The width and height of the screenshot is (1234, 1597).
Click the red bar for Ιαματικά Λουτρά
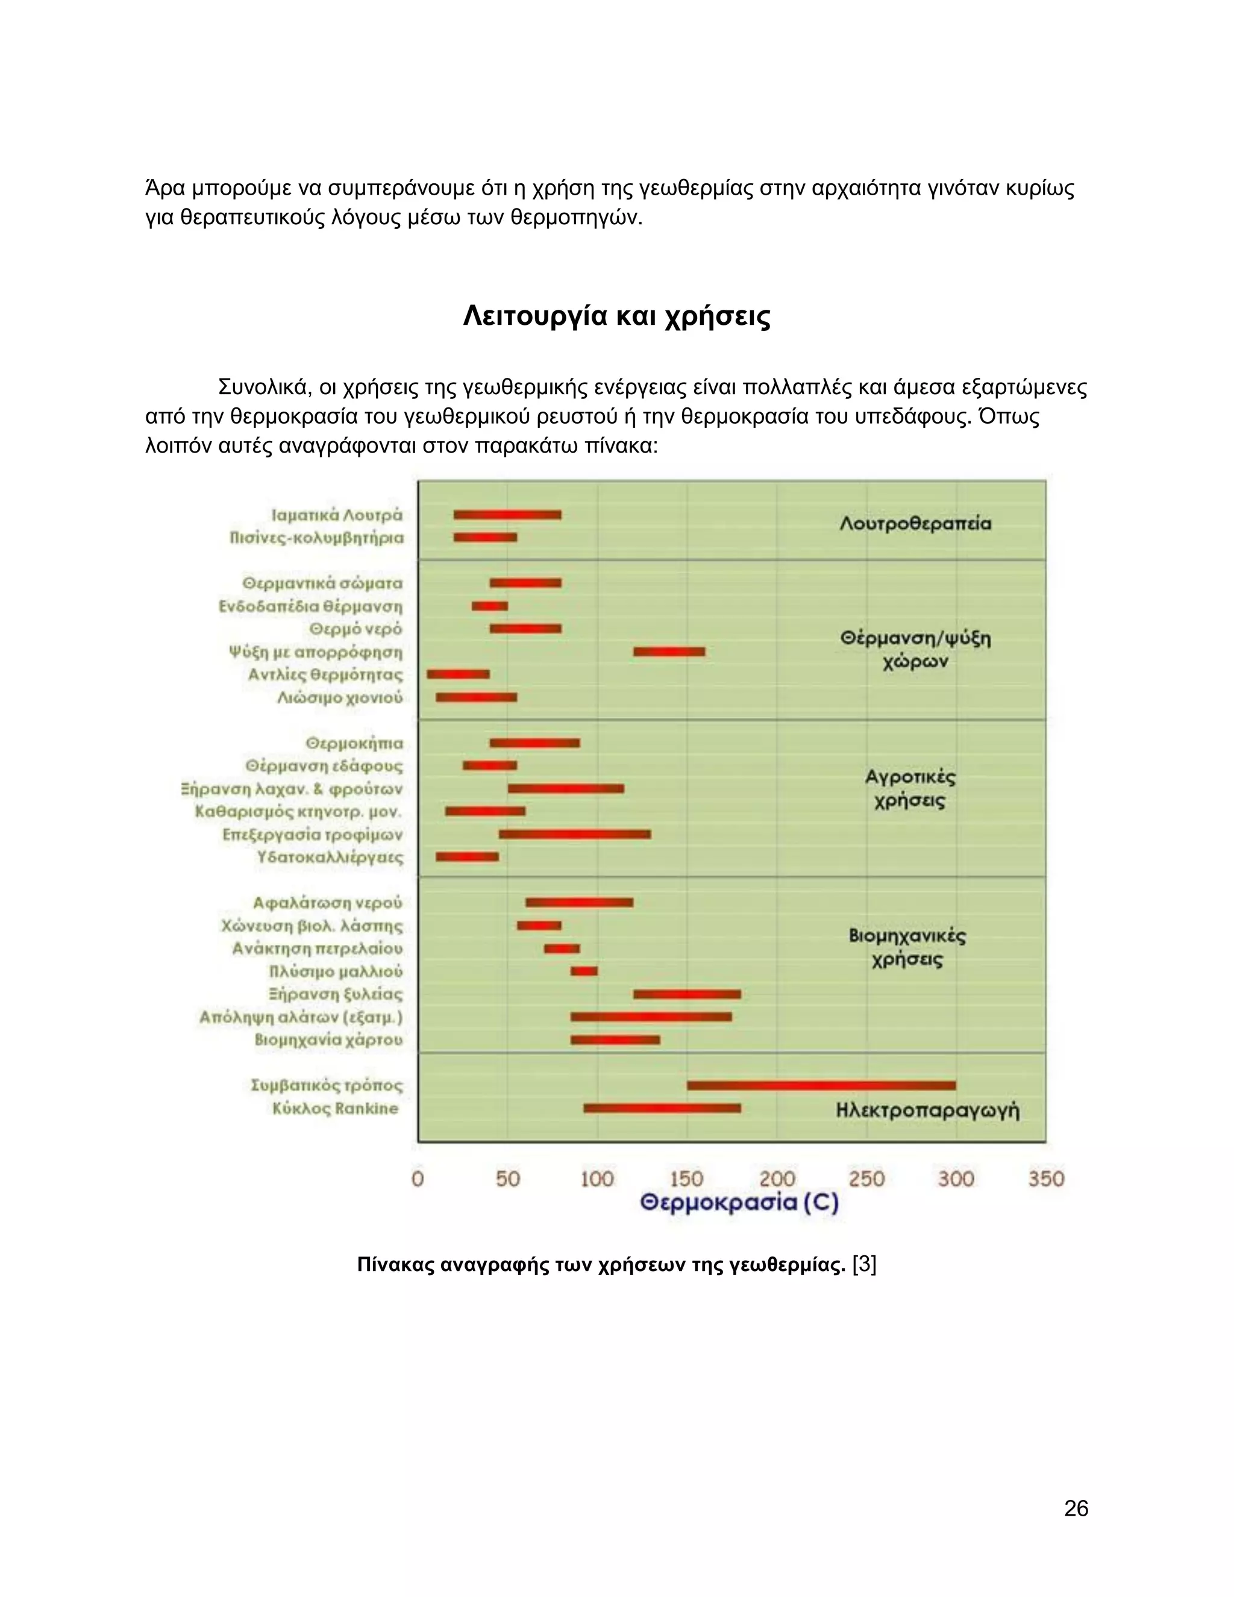507,515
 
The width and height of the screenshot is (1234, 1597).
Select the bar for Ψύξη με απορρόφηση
669,651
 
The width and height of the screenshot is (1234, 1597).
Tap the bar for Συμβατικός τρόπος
821,1085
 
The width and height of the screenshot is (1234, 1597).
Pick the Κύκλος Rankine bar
662,1108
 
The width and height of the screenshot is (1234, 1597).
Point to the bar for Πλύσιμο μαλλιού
584,971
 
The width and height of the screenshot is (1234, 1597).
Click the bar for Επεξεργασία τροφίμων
575,834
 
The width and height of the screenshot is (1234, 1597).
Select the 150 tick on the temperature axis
686,1179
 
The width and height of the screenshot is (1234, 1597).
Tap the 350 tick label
1046,1179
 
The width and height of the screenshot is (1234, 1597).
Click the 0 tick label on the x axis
418,1179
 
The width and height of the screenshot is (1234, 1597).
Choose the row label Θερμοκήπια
354,743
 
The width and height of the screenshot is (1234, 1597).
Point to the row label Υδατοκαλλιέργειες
330,857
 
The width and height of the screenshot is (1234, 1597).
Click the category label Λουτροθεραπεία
915,524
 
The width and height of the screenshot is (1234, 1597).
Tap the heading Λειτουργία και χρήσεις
617,316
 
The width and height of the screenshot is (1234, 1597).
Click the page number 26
1076,1508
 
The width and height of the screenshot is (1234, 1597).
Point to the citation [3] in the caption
865,1264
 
